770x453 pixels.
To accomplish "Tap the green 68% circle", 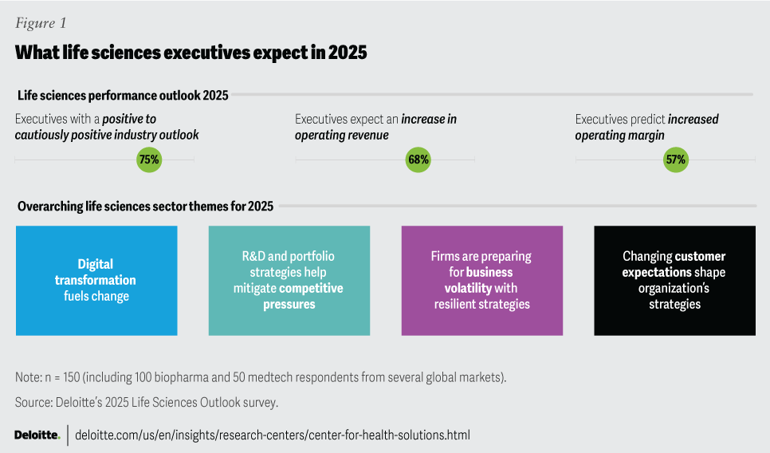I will pyautogui.click(x=418, y=160).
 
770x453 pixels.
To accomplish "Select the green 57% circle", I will pyautogui.click(x=676, y=160).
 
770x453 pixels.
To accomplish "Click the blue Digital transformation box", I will pyautogui.click(x=96, y=280).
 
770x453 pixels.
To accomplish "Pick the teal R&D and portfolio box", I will pyautogui.click(x=289, y=280).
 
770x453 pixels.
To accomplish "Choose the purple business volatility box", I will pyautogui.click(x=481, y=280).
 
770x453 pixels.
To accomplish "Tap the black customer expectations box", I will pyautogui.click(x=674, y=280).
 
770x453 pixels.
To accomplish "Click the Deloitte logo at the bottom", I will pyautogui.click(x=37, y=435).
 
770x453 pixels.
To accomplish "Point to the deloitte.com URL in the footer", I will pyautogui.click(x=272, y=435).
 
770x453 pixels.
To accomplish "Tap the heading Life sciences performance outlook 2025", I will pyautogui.click(x=123, y=96).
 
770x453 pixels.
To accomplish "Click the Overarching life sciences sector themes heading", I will pyautogui.click(x=145, y=207).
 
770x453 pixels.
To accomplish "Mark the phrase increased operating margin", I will pyautogui.click(x=647, y=128).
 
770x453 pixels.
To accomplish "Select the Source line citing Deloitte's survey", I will pyautogui.click(x=146, y=402).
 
